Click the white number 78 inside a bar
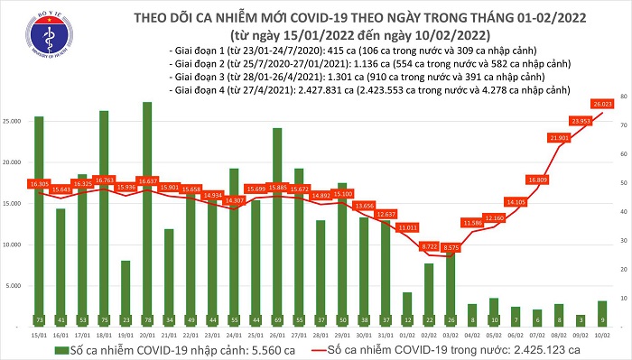click(146, 319)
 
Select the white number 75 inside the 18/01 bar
click(104, 319)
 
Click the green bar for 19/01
click(125, 287)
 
